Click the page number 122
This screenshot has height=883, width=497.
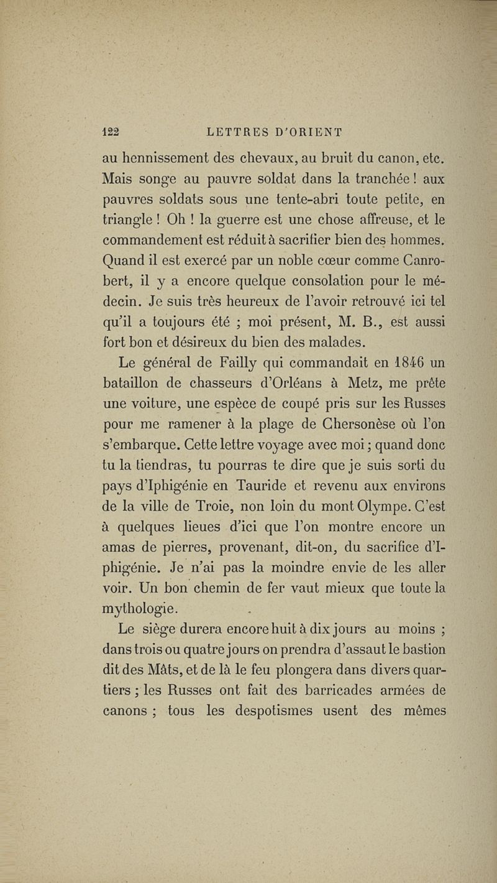110,131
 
